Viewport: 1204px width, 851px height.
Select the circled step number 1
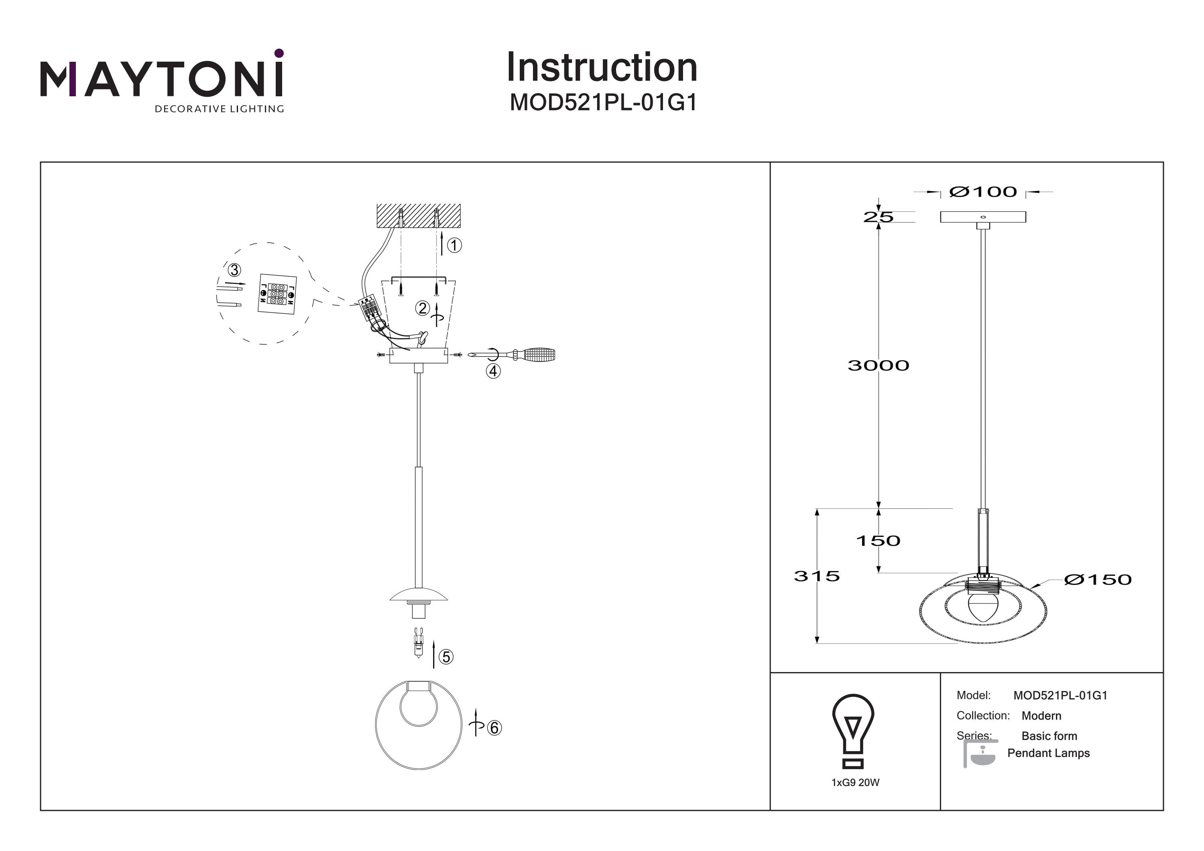[x=454, y=245]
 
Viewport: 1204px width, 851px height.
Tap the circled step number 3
[x=234, y=270]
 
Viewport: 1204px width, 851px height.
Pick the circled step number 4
[x=493, y=371]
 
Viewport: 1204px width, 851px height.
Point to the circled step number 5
[x=446, y=656]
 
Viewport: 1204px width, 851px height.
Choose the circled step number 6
[x=494, y=728]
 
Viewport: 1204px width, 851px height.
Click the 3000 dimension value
[x=879, y=366]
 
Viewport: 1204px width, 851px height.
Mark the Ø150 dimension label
[x=1098, y=579]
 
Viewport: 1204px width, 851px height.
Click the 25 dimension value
[x=879, y=217]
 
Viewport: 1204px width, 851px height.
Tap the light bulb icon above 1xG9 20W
[x=853, y=731]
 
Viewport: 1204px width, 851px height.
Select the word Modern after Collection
[x=1041, y=716]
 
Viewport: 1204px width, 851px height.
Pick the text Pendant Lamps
[x=1049, y=753]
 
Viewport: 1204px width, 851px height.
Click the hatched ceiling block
[x=419, y=215]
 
